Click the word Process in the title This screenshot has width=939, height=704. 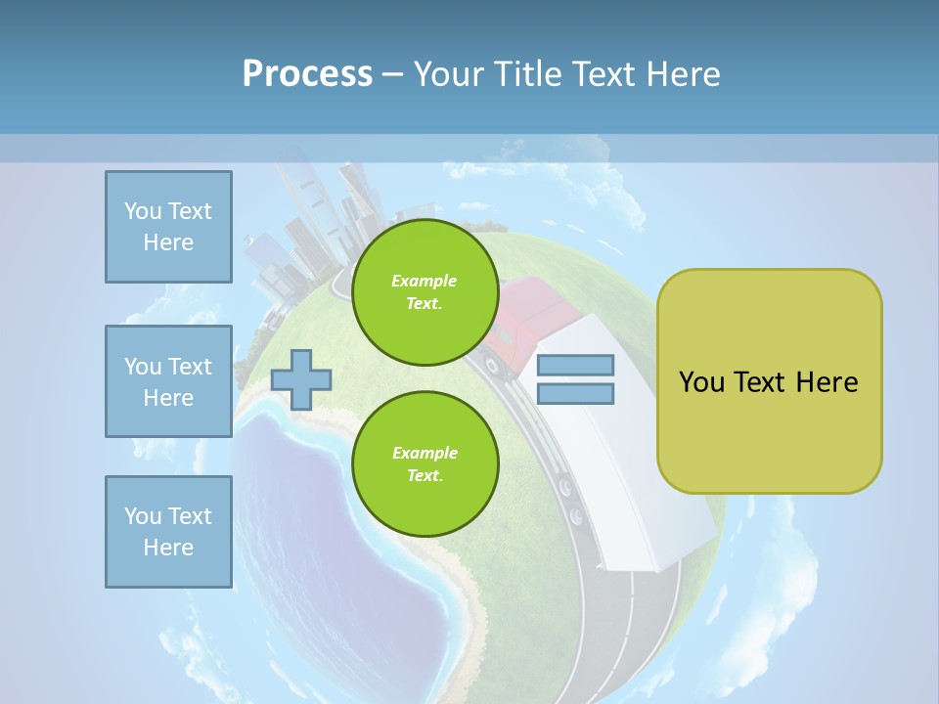click(307, 73)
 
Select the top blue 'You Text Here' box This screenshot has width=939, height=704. click(168, 227)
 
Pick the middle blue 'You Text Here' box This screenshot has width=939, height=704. click(168, 381)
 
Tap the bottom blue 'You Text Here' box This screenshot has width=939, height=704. click(168, 532)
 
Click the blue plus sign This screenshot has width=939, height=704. click(301, 379)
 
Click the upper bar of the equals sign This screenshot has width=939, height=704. click(576, 366)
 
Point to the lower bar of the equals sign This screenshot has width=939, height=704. click(576, 394)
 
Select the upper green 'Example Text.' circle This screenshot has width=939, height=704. click(425, 292)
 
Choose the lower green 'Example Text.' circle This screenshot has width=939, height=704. click(425, 464)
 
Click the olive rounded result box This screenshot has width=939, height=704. click(769, 381)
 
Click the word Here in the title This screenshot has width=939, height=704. click(682, 73)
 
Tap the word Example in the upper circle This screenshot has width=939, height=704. click(425, 281)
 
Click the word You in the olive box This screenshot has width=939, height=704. click(702, 382)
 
